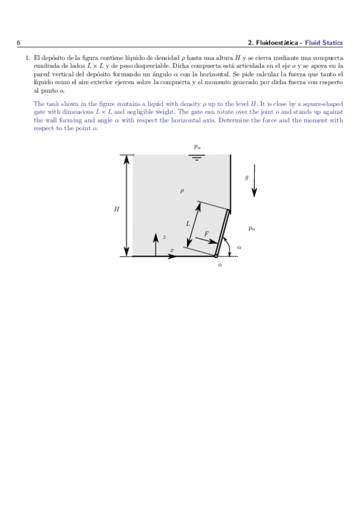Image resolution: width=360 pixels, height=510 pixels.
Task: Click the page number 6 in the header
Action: [19, 43]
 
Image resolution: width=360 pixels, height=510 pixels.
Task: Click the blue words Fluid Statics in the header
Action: [324, 43]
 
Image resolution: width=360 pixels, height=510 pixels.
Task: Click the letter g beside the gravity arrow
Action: [246, 177]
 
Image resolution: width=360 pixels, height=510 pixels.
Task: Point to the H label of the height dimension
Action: [117, 209]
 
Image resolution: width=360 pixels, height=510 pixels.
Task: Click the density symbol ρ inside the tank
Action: [182, 191]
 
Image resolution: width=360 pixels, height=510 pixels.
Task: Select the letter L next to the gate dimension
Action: [188, 223]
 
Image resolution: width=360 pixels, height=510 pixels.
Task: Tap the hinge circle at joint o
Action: [216, 256]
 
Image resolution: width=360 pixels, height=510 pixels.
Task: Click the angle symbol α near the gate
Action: [239, 247]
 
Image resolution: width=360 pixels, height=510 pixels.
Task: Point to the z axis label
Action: [164, 237]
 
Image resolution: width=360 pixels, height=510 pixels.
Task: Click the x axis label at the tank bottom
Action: [172, 250]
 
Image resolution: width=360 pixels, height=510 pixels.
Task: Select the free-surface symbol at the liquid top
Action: [197, 158]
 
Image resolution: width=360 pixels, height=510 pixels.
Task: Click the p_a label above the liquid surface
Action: [197, 146]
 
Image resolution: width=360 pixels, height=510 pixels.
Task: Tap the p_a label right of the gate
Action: [252, 228]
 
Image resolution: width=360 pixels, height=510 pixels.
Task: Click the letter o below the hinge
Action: [220, 265]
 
